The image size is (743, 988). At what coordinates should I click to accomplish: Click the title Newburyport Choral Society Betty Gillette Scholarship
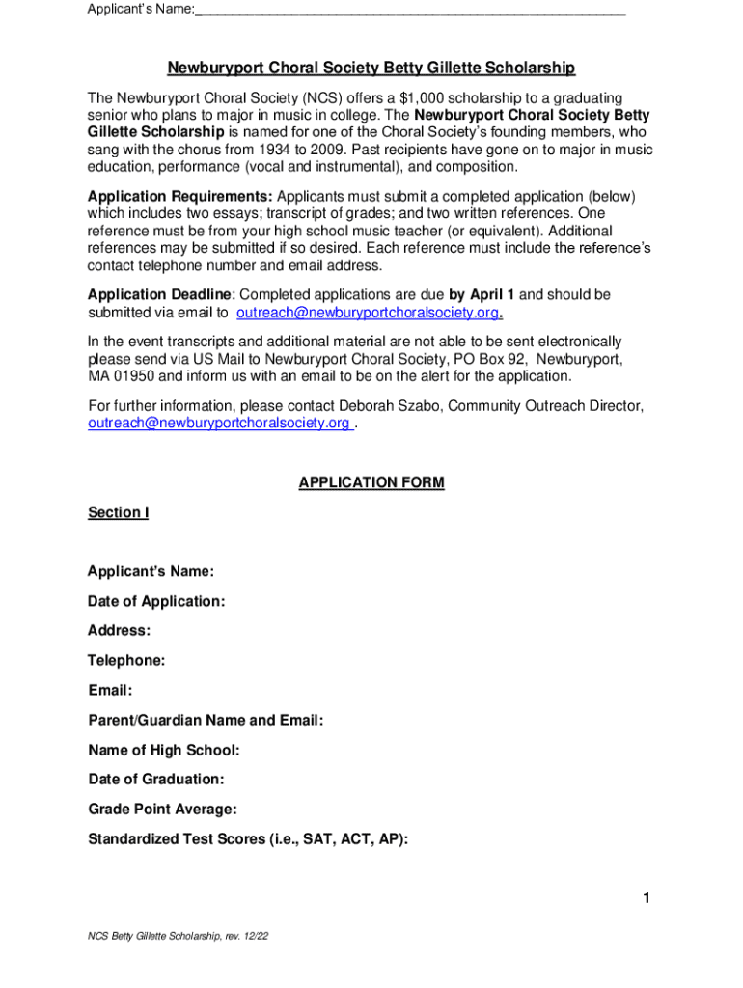coord(371,69)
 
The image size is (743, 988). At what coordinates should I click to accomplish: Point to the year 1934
coord(279,150)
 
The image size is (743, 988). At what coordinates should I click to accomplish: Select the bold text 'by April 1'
coord(482,294)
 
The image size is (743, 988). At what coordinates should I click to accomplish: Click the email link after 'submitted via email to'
coord(368,313)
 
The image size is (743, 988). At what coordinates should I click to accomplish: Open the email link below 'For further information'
coord(220,424)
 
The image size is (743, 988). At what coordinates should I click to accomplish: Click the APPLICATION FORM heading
coord(371,482)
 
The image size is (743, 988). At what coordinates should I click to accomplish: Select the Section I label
coord(118,512)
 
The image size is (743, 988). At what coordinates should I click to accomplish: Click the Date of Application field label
coord(156,602)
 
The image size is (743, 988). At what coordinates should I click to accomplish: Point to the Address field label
coord(119,631)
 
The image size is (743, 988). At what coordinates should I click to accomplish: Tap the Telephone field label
coord(126,661)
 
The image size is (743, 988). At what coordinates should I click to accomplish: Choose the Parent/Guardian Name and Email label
coord(206,721)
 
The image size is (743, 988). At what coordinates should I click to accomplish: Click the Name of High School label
coord(164,750)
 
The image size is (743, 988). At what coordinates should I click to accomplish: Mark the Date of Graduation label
coord(156,780)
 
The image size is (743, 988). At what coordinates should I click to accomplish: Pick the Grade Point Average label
coord(162,809)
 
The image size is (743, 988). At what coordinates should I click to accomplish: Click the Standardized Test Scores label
coord(248,838)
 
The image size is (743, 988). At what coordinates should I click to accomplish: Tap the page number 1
coord(647,900)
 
